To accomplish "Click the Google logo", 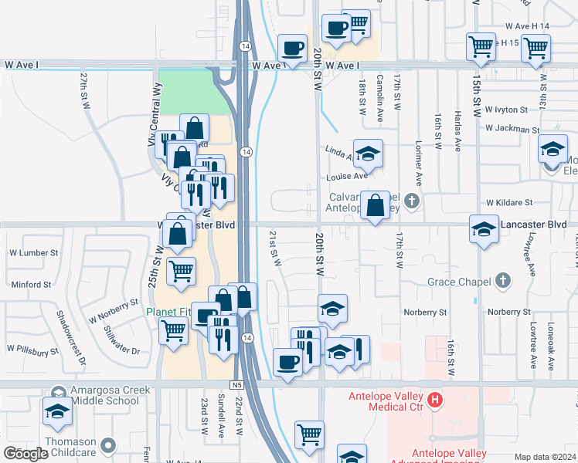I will coord(25,454).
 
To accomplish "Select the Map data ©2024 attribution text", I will coord(545,457).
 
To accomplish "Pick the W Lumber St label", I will coord(33,252).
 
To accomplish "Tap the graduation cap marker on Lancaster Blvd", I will coord(484,229).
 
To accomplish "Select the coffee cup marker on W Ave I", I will coord(292,49).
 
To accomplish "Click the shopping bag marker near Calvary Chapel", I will coord(375,206).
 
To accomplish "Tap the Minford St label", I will coord(31,284).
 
